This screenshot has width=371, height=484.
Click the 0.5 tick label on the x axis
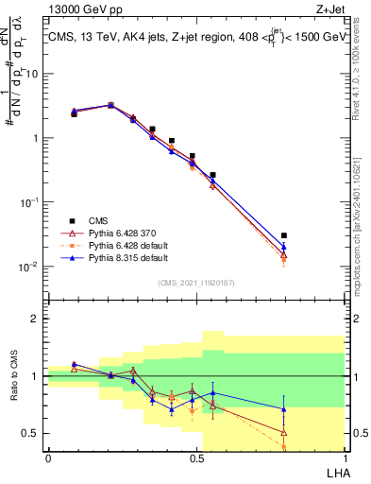(x=196, y=458)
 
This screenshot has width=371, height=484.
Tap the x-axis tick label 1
(x=345, y=458)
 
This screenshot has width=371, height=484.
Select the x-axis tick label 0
(x=48, y=458)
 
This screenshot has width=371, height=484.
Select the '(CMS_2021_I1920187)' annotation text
(x=196, y=281)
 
